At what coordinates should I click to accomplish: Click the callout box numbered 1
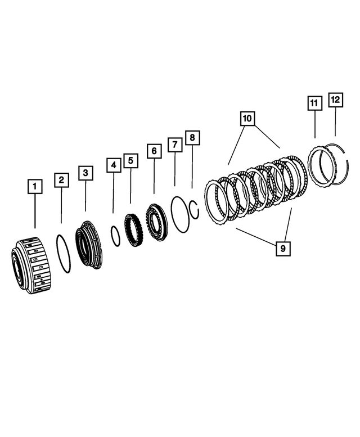click(35, 186)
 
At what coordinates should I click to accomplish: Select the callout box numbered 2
click(62, 180)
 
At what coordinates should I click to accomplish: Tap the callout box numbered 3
click(85, 173)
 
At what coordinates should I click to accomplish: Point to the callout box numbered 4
click(113, 165)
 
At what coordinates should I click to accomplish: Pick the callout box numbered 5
click(130, 161)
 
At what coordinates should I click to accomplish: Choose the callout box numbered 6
click(154, 151)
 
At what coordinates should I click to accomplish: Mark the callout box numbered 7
click(175, 145)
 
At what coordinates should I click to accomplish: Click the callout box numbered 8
click(192, 137)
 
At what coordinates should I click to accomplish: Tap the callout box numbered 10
click(247, 119)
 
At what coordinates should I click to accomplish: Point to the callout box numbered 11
click(314, 103)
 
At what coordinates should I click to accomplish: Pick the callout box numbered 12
click(335, 100)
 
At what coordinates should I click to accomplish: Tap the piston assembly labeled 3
click(88, 245)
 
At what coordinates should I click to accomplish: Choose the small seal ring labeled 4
click(114, 236)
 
